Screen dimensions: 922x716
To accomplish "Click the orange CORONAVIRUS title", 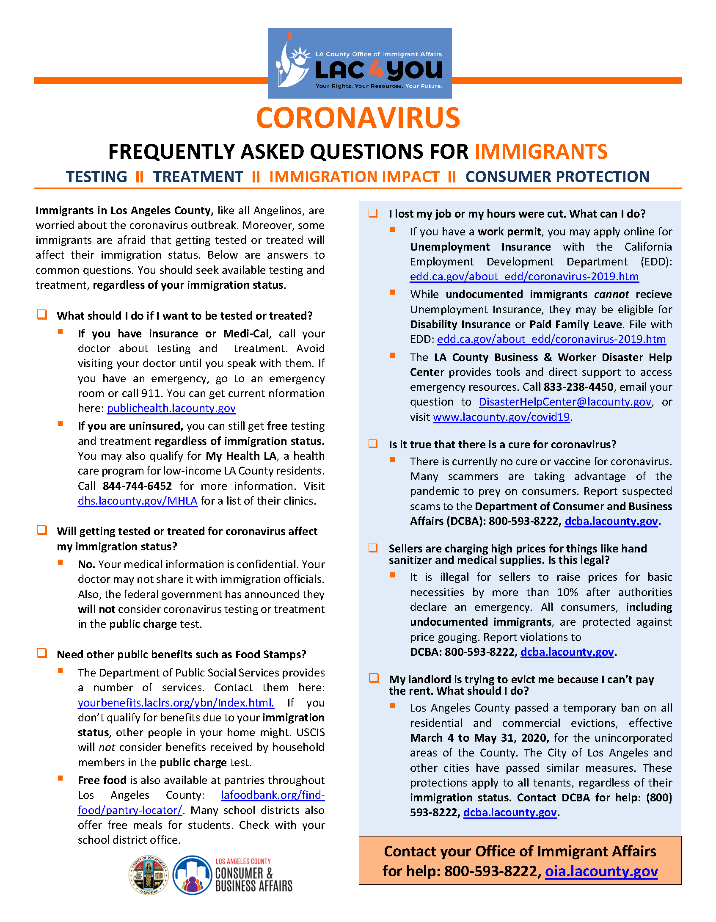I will pos(358,118).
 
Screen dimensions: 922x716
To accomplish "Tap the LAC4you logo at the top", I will pos(360,63).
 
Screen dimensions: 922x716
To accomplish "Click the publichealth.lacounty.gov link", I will pos(171,408).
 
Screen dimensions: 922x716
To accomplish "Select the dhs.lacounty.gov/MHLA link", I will pos(138,501).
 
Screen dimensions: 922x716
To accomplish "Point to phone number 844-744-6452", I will pos(137,486).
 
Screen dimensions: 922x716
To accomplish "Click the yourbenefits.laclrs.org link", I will pos(176,703).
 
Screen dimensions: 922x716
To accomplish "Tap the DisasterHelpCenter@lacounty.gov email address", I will pos(565,402).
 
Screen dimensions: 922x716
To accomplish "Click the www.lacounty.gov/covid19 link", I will pos(501,417).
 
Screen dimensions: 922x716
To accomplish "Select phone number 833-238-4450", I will pos(578,387).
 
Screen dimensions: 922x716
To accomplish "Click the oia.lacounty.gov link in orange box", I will pos(601,871).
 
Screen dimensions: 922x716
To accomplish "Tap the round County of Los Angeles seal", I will pos(149,875).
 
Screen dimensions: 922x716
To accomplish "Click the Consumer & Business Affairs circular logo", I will pos(193,875).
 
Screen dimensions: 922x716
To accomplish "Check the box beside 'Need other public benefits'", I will pos(42,653).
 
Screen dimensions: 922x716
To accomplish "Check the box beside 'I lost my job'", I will pos(373,213).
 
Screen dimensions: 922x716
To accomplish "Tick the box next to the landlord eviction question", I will pos(374,678).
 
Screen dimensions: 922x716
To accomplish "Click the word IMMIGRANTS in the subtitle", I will pos(541,152).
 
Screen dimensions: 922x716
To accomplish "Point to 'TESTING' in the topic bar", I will pos(96,177).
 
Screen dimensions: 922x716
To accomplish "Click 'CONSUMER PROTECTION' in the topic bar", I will pos(557,177).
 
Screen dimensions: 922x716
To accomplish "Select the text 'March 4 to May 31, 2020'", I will pos(479,738).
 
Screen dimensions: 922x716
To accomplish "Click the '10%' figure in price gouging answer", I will pos(567,592).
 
